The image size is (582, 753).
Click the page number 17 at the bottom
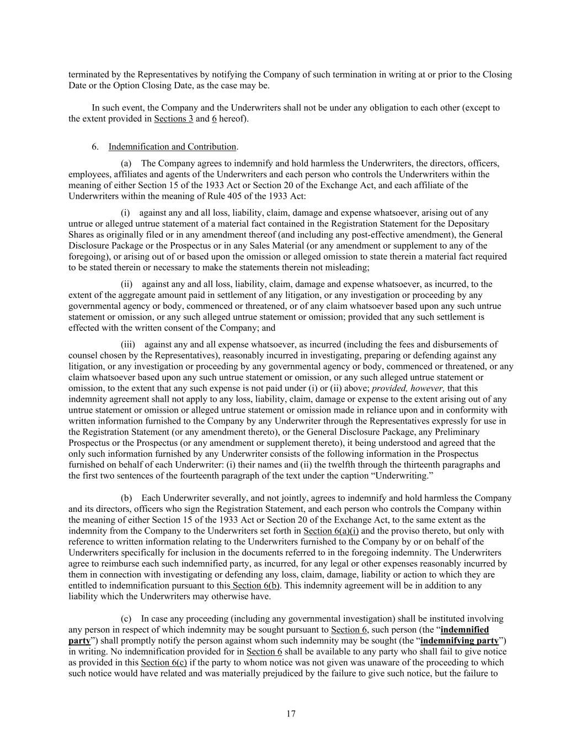[291, 714]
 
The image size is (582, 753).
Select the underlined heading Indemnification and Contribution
[172, 147]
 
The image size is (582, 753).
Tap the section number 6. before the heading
[95, 147]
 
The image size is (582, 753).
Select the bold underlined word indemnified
[464, 629]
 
